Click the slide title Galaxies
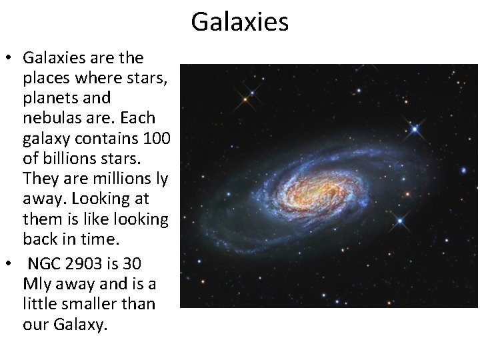tap(239, 21)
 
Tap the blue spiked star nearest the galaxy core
tap(401, 221)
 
